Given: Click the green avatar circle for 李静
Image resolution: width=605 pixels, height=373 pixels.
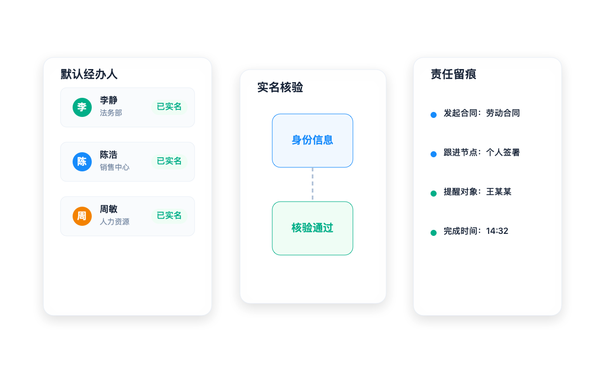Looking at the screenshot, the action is click(82, 107).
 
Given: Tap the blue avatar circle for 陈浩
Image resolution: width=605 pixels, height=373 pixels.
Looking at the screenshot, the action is click(82, 162).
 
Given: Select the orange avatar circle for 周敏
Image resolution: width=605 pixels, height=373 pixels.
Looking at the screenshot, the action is click(82, 216).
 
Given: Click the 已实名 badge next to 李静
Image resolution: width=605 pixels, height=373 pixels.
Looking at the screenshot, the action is click(169, 107).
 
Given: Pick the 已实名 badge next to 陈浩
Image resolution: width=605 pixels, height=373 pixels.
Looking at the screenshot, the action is click(169, 161).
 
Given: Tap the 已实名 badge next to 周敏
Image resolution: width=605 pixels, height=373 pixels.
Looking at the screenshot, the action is click(169, 216).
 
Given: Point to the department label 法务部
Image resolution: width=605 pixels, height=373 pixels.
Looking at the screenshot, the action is click(111, 113).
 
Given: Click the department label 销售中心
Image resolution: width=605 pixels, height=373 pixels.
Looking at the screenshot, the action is click(114, 167).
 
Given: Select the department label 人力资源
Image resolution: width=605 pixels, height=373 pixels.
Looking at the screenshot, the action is click(114, 222).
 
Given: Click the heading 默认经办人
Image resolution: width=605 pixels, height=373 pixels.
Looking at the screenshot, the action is click(89, 74).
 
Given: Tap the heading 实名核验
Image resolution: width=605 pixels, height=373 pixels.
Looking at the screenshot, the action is click(280, 88).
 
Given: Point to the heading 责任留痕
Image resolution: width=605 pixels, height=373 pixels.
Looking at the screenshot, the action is click(453, 74).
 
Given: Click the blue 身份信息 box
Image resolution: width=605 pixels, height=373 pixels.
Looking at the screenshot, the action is click(313, 141).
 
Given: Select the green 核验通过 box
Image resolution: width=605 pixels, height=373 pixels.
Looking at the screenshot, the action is click(313, 228).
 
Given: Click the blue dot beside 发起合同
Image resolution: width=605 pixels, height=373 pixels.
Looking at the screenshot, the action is click(434, 115).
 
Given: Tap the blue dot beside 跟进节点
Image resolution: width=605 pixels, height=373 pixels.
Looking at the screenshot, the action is click(434, 154).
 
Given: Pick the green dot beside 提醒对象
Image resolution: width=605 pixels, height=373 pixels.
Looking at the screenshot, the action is click(434, 194).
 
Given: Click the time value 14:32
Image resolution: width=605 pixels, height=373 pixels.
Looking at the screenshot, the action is click(497, 231).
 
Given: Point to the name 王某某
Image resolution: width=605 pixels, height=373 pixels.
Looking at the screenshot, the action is click(499, 192).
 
